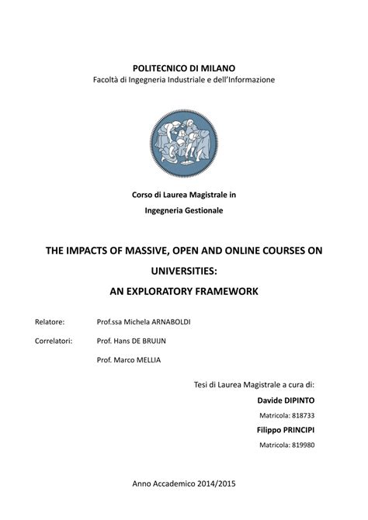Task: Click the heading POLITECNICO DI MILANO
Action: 184,68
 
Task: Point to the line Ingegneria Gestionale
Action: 184,210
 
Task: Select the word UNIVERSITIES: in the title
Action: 184,271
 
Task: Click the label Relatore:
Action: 50,321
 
